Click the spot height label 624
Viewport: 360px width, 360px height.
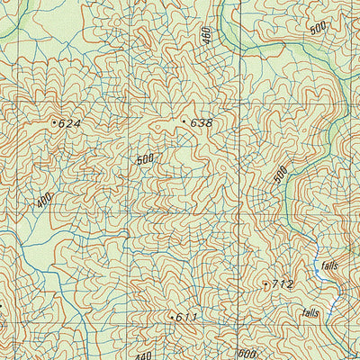pos(69,123)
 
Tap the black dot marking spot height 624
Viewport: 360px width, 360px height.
pos(54,121)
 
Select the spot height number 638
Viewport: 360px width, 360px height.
pos(201,122)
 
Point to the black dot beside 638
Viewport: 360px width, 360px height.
pos(184,121)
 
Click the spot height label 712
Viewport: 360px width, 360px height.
pos(282,284)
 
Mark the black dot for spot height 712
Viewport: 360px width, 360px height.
pos(265,283)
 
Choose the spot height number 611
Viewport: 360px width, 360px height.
pos(186,318)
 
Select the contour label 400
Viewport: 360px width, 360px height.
pos(47,200)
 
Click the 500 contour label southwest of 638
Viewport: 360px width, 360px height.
pos(146,160)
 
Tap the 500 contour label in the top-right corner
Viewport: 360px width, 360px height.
pos(318,28)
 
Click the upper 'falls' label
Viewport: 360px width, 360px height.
pos(328,265)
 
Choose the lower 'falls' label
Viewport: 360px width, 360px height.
pos(310,313)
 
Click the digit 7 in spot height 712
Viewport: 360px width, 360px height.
pos(274,284)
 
